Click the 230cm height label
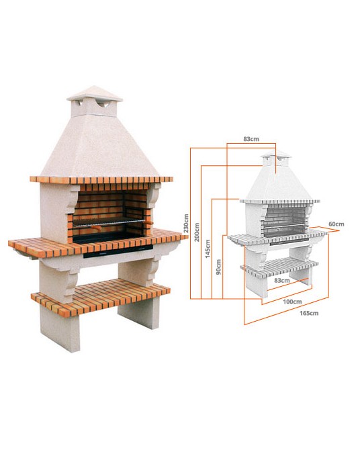(186, 223)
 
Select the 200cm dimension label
(197, 232)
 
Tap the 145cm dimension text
(208, 249)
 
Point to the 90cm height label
(218, 267)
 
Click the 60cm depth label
(336, 224)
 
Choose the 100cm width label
(292, 302)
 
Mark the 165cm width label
(309, 313)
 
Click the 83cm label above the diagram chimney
(251, 139)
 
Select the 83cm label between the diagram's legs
(281, 280)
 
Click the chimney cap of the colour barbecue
(95, 94)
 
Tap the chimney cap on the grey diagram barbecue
(276, 154)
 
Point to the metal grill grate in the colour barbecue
(109, 221)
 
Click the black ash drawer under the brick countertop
(118, 252)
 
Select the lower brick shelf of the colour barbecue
(101, 296)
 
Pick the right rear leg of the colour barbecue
(138, 312)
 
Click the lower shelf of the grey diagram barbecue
(279, 267)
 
